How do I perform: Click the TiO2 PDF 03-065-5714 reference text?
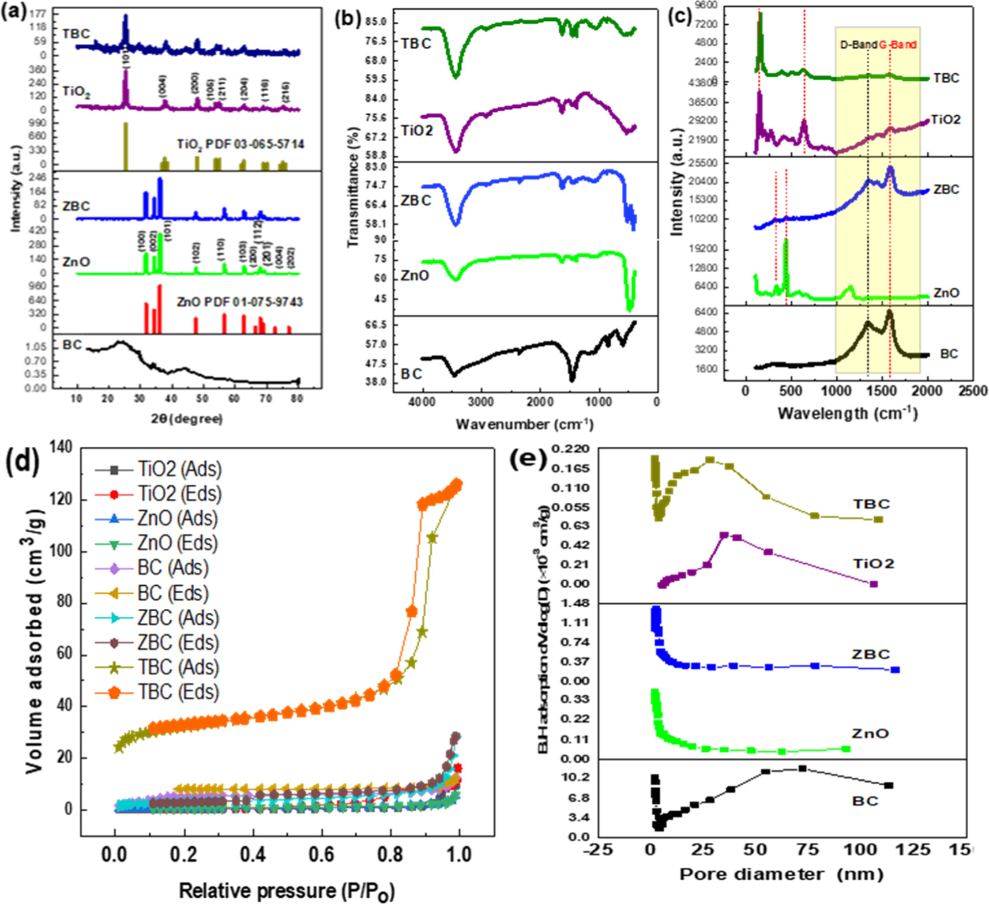(x=240, y=144)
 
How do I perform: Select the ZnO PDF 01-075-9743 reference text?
(x=240, y=302)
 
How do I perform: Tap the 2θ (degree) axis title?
(x=187, y=419)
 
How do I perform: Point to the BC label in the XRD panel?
(x=73, y=345)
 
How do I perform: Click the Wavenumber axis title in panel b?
(x=524, y=425)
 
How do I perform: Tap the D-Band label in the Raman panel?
(x=858, y=44)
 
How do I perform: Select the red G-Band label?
(x=898, y=44)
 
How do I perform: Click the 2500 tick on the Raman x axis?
(x=973, y=391)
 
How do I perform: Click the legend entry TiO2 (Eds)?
(x=179, y=494)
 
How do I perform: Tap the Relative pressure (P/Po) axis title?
(x=287, y=891)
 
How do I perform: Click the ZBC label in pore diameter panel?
(x=870, y=654)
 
